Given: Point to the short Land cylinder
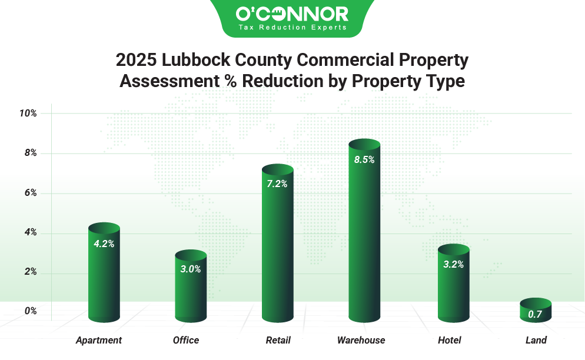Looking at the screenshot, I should (x=535, y=310).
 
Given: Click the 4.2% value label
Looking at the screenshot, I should (x=104, y=244).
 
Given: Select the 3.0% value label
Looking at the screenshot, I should (x=191, y=269).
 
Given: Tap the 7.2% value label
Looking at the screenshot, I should (x=277, y=184).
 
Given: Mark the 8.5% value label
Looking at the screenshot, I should (x=364, y=159).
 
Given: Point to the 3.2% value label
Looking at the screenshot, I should (x=453, y=264).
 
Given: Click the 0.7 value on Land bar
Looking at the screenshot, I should (x=535, y=314).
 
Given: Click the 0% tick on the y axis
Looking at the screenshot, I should (x=31, y=311).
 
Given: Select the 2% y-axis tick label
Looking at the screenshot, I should (x=31, y=272).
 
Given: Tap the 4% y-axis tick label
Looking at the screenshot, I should (x=31, y=232).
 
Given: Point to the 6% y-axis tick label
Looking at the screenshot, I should (x=31, y=193).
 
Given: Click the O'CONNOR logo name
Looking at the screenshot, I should (x=292, y=14).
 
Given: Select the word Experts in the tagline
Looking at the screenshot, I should (x=331, y=28).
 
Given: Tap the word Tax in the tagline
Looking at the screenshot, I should (x=244, y=28).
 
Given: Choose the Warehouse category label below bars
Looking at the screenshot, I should (x=361, y=339).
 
